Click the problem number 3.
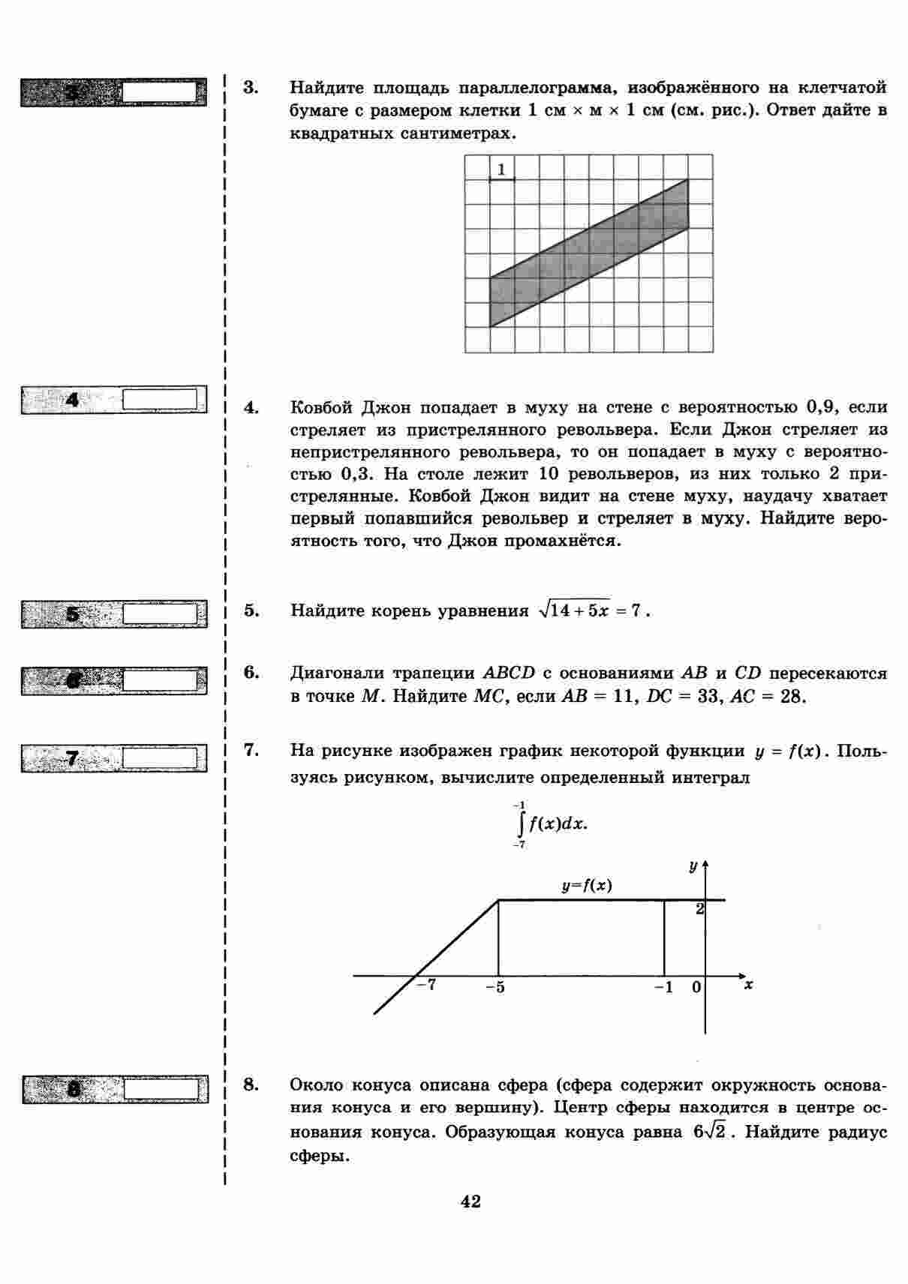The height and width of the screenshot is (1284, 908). pyautogui.click(x=251, y=88)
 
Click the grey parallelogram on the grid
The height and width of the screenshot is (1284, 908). pyautogui.click(x=589, y=253)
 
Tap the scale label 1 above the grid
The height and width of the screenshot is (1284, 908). pyautogui.click(x=502, y=169)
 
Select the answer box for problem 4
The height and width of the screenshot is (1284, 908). pyautogui.click(x=164, y=399)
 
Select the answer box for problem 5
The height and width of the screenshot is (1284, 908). pyautogui.click(x=164, y=614)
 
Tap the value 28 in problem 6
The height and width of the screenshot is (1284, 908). pyautogui.click(x=792, y=697)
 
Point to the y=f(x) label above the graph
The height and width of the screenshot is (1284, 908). pyautogui.click(x=587, y=886)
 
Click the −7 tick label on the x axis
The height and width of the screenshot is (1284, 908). pyautogui.click(x=426, y=985)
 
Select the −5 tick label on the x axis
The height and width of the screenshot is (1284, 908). pyautogui.click(x=495, y=987)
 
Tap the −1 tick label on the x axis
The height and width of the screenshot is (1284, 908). pyautogui.click(x=663, y=987)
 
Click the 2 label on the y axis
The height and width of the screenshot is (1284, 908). pyautogui.click(x=699, y=909)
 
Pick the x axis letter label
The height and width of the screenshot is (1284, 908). pyautogui.click(x=748, y=985)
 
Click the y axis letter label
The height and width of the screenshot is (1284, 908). pyautogui.click(x=693, y=866)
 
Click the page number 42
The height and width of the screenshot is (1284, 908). pyautogui.click(x=471, y=1201)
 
